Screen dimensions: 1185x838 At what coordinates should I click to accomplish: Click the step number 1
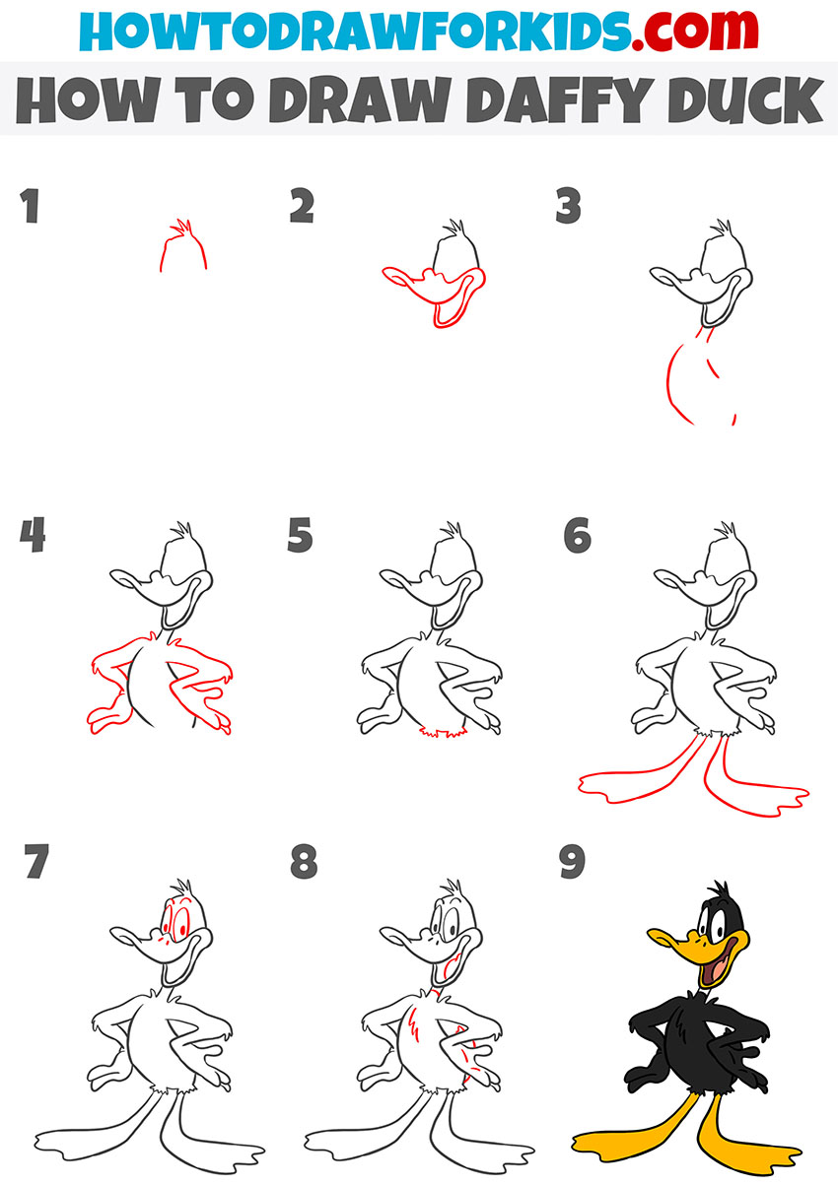(x=32, y=209)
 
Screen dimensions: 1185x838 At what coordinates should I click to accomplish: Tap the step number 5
(x=301, y=537)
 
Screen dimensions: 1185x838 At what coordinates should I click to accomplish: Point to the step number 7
(x=35, y=864)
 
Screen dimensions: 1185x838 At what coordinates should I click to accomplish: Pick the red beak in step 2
(x=404, y=281)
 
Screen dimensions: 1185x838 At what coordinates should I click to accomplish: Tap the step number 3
(x=569, y=209)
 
